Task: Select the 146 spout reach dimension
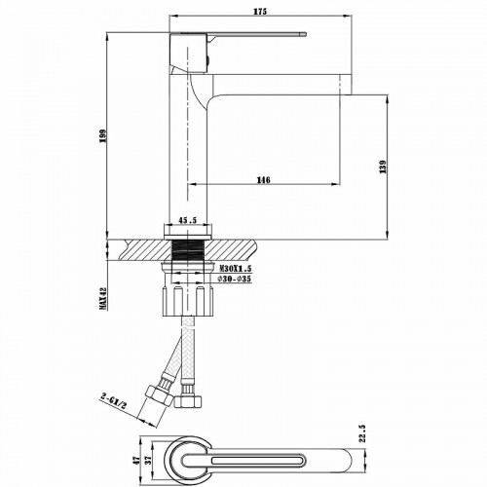click(263, 178)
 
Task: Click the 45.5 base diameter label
click(189, 220)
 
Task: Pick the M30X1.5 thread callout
click(235, 267)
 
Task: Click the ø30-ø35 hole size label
click(234, 280)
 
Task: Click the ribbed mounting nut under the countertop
click(189, 296)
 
